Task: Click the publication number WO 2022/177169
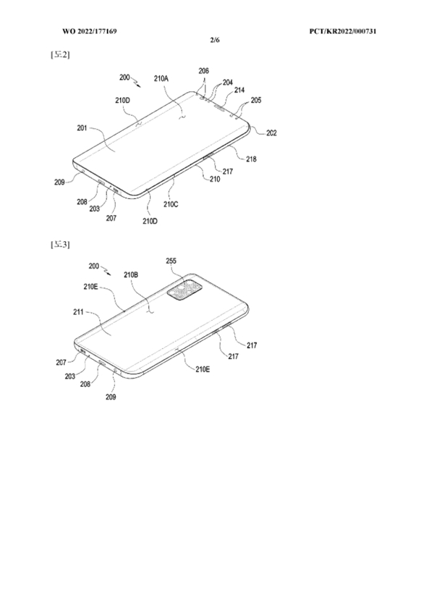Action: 90,31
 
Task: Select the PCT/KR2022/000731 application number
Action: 343,31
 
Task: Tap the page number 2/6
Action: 215,40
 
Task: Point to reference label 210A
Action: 161,78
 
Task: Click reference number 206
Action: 204,71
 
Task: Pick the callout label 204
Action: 228,83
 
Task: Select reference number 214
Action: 239,90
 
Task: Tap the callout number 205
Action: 256,100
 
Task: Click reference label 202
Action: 271,133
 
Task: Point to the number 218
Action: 251,159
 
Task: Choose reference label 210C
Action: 171,204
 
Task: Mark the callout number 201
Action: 82,128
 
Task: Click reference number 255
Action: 171,261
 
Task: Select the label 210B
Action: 131,275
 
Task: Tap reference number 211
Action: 79,312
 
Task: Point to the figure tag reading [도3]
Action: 60,245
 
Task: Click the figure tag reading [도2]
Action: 60,55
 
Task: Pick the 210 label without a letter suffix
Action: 215,179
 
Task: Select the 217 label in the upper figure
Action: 228,172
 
